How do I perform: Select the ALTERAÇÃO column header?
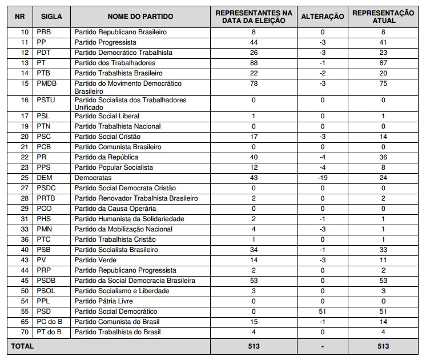[323, 17]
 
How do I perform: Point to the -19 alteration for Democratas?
[323, 178]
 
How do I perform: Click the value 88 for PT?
[254, 63]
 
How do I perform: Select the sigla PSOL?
[46, 291]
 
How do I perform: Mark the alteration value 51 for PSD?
[323, 311]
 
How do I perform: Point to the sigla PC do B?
[49, 322]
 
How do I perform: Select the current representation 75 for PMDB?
[383, 83]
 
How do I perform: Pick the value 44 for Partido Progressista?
[254, 42]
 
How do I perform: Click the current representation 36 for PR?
[383, 157]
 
